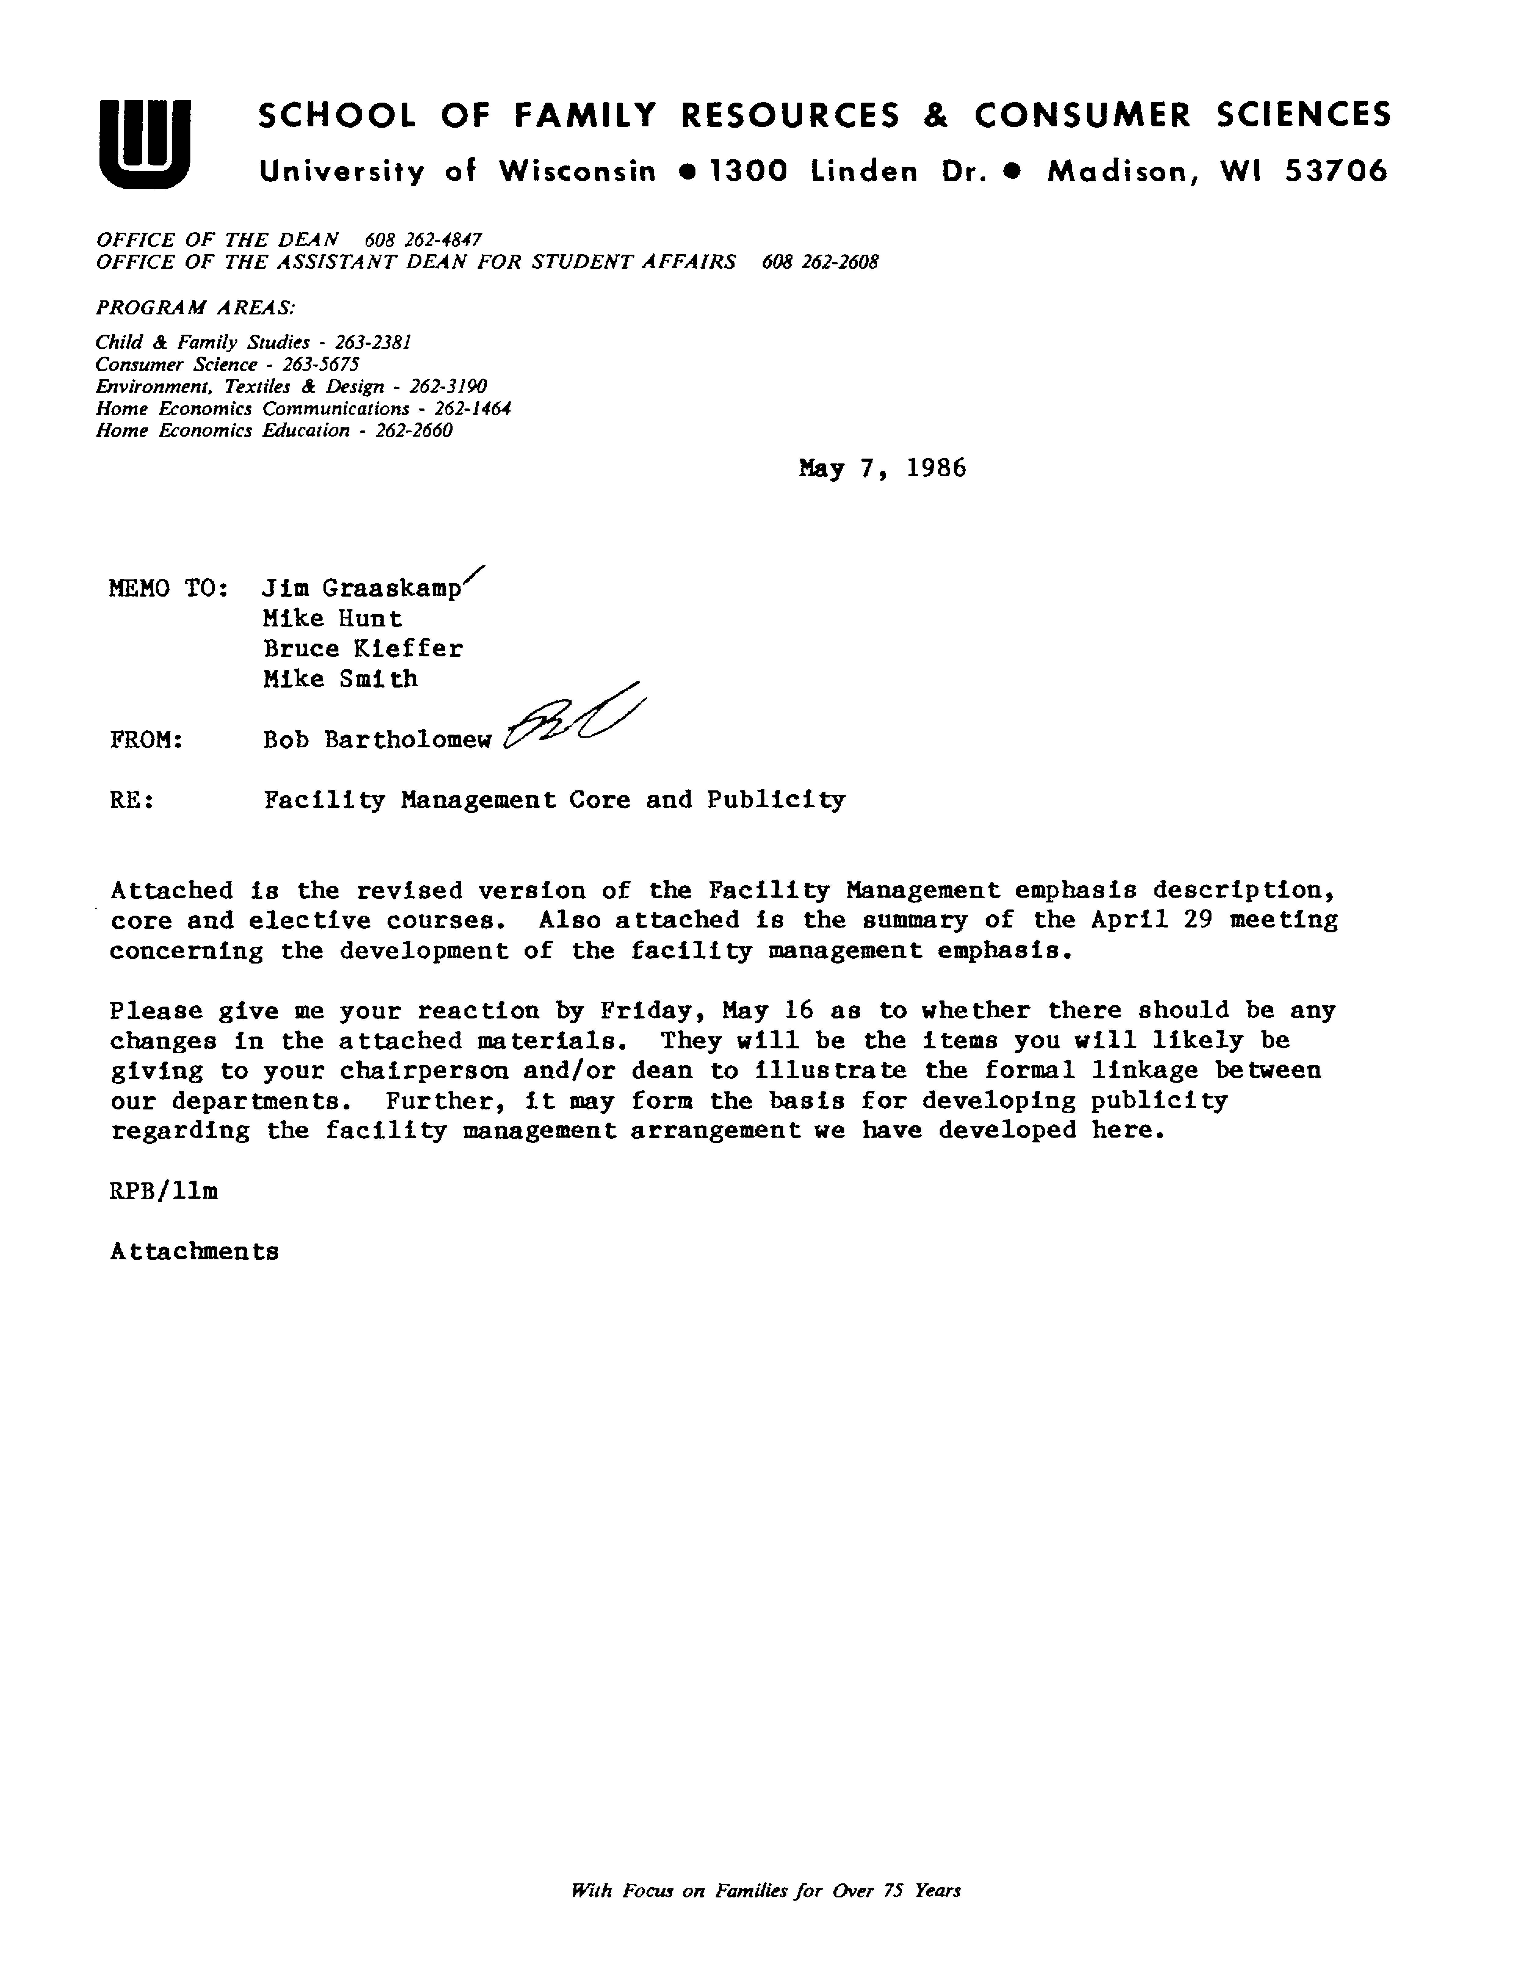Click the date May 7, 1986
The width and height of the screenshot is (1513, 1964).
[x=882, y=469]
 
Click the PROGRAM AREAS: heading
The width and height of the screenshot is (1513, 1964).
[x=195, y=307]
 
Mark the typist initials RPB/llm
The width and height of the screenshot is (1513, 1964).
[x=164, y=1192]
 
